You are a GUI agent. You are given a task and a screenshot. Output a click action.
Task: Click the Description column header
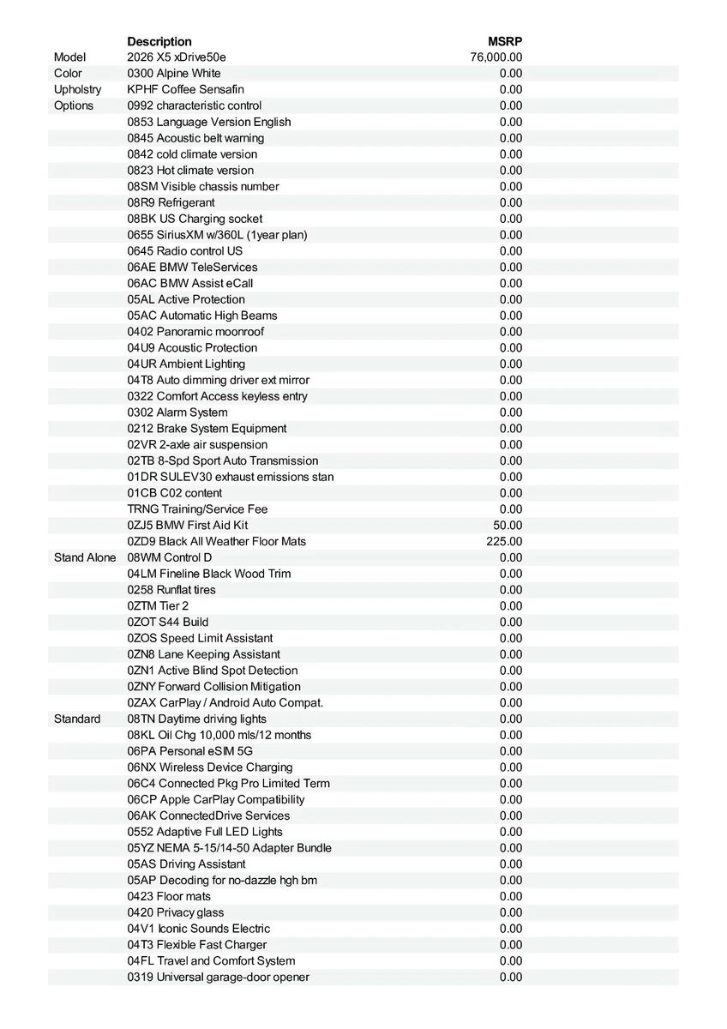159,41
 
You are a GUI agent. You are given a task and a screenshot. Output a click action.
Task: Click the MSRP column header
504,41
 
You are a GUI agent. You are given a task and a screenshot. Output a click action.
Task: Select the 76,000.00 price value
496,57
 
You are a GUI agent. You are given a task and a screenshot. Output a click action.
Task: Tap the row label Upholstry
77,89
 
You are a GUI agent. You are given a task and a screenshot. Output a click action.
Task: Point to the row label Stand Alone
84,557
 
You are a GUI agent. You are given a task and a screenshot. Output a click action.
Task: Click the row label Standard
77,719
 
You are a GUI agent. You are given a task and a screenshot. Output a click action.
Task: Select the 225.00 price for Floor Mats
504,541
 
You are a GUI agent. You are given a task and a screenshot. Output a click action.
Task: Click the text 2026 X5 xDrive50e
177,57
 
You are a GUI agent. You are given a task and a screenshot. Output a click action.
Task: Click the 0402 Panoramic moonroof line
195,332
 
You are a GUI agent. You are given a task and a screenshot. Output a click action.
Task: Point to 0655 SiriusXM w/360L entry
217,235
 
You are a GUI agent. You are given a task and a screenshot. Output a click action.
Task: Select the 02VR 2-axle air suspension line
197,444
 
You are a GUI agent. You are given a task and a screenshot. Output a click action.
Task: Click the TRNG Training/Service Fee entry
197,508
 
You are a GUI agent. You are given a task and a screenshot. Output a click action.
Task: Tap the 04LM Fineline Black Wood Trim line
208,574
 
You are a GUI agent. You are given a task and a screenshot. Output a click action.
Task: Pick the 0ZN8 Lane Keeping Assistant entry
203,654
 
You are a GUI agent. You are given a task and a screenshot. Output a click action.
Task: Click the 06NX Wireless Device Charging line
210,767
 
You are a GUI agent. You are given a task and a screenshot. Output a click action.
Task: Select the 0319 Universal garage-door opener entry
218,977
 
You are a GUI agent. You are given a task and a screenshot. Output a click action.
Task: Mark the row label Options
74,105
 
